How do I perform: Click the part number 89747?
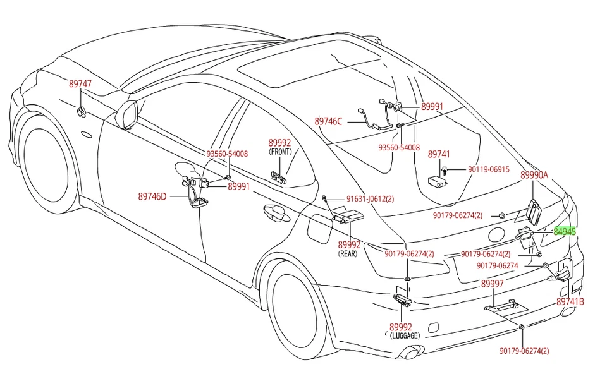tap(80, 83)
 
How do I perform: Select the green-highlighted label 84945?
tap(565, 231)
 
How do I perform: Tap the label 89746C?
tap(328, 121)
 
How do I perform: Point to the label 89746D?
tap(152, 196)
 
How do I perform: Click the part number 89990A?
tap(534, 175)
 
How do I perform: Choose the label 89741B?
tap(570, 302)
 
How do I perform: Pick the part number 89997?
tap(493, 284)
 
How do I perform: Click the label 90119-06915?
tap(489, 169)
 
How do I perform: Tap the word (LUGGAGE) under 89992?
tap(404, 336)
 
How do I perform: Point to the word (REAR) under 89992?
tap(348, 254)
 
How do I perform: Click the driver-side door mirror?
tap(126, 112)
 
